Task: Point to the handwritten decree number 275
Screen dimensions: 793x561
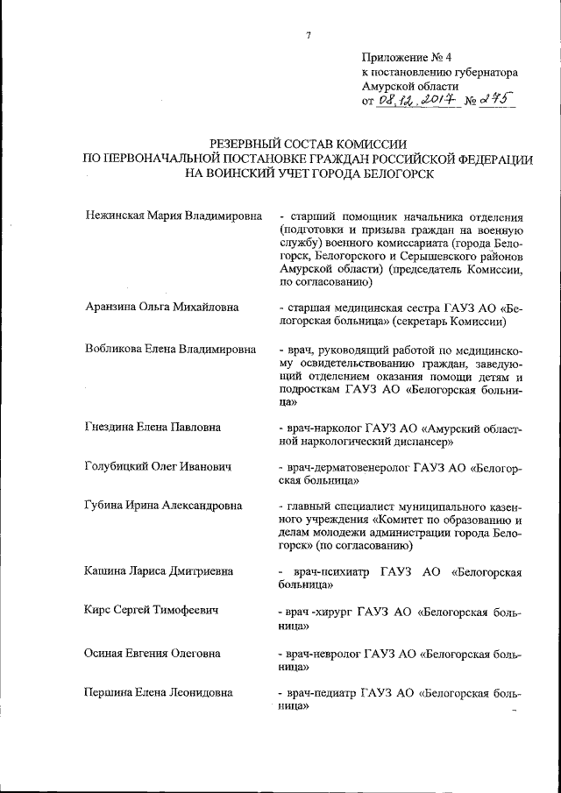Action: [x=495, y=102]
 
